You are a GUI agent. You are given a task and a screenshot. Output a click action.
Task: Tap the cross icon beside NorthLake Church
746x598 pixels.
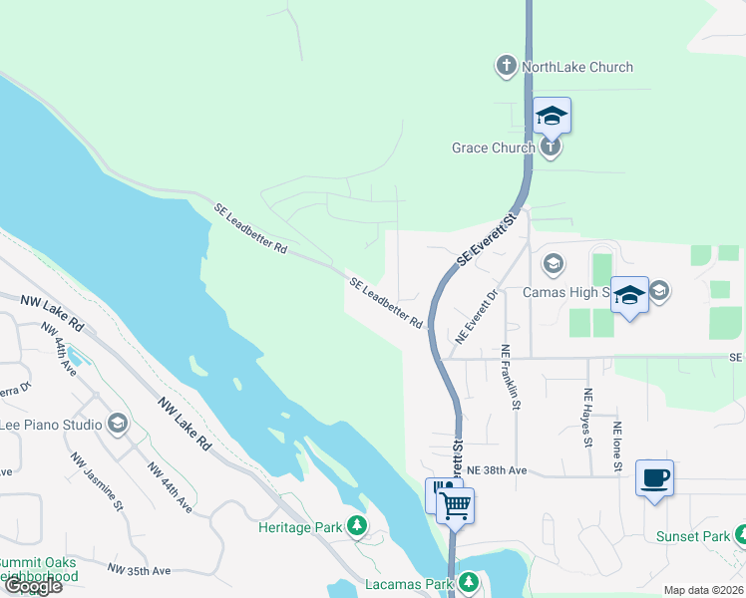pos(506,67)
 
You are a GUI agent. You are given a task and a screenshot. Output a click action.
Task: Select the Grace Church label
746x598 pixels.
pos(494,148)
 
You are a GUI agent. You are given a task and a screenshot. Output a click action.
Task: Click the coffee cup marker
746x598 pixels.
pos(654,478)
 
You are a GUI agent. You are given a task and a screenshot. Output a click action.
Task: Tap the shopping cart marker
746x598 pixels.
pos(455,504)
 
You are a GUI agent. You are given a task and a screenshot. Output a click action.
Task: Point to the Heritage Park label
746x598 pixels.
pos(299,527)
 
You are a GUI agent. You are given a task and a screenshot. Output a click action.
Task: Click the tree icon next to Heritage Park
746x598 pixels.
pos(356,526)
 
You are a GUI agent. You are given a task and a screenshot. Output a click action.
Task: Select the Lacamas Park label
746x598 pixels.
pos(411,582)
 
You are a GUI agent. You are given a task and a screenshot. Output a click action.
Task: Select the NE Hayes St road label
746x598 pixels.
pos(588,416)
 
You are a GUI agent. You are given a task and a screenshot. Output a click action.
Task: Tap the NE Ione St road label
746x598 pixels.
pos(618,446)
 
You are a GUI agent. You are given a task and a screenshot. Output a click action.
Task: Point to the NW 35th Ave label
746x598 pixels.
pos(139,571)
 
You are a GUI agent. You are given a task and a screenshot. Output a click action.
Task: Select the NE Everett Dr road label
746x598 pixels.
pos(476,317)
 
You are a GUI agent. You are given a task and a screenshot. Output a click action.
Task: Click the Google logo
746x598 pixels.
pos(33,586)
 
